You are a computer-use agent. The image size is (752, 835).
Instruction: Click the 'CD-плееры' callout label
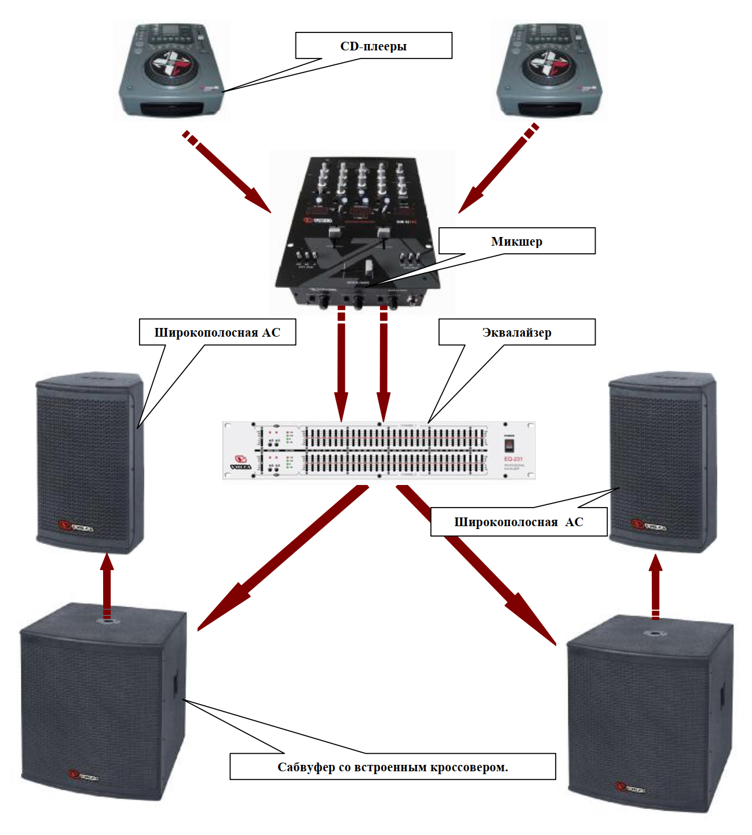374,46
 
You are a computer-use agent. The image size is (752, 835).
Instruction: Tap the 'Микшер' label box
517,241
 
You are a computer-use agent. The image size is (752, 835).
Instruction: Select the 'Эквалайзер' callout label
517,332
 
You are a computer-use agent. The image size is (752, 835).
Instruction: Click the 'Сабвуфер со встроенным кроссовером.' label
393,767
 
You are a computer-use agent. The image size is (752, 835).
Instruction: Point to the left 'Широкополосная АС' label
217,332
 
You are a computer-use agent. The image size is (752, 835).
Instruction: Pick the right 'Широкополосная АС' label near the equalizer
519,522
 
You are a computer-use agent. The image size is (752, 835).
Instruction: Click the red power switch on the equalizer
509,445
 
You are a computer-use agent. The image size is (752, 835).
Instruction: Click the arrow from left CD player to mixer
229,174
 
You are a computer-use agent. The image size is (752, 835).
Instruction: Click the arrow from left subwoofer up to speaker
107,585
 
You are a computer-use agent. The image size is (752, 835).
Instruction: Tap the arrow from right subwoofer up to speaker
655,585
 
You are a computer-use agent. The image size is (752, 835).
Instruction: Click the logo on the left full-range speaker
75,527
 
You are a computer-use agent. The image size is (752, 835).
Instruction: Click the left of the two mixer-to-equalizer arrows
341,365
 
